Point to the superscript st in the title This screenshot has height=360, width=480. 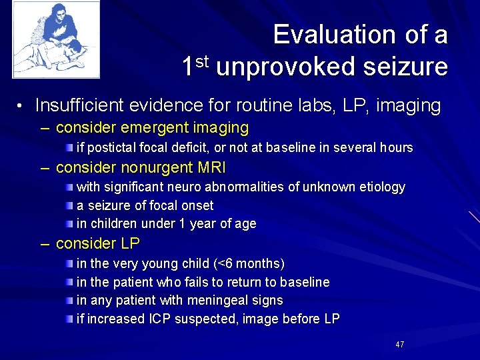click(202, 61)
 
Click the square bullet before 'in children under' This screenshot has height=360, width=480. click(70, 223)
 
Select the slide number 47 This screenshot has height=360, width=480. click(400, 345)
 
